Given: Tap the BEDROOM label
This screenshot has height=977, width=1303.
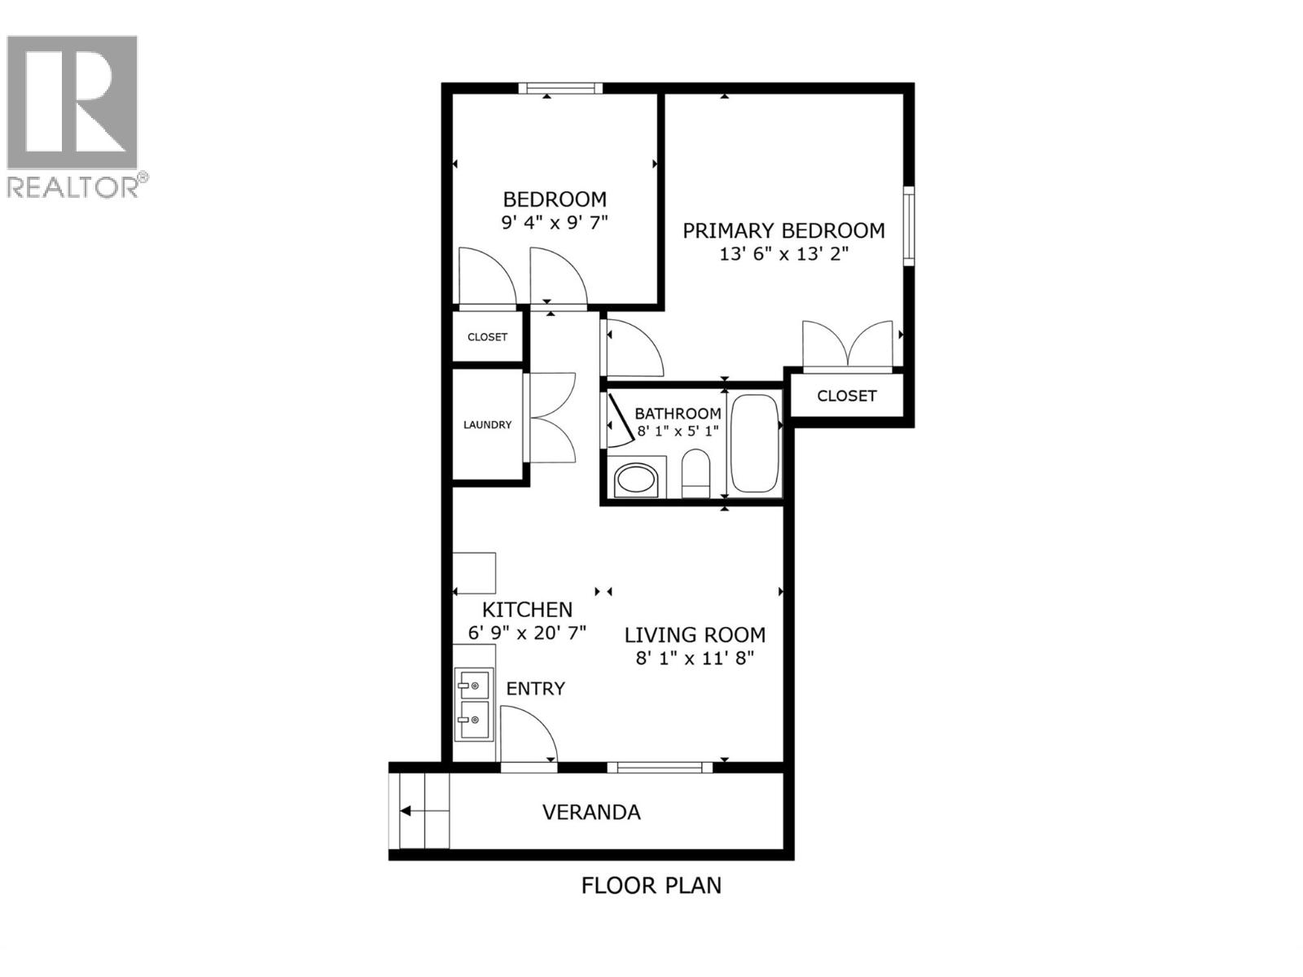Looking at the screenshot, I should [x=555, y=199].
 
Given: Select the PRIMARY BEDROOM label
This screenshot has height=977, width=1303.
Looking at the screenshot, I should [x=783, y=230].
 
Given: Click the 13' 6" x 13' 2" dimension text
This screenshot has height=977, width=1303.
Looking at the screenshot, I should [x=783, y=254].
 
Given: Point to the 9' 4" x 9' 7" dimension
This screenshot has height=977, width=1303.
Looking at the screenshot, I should [x=555, y=222].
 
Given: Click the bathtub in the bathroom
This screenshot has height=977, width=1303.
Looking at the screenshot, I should [x=755, y=444].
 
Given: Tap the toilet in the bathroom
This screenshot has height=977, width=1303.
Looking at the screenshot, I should [x=695, y=472].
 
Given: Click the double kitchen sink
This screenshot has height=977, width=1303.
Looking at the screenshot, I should [x=473, y=704].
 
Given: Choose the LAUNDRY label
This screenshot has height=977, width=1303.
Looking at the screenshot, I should [x=487, y=424].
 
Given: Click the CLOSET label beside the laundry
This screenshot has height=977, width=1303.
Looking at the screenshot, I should [x=487, y=337].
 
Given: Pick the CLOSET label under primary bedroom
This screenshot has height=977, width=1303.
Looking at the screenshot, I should [x=846, y=396].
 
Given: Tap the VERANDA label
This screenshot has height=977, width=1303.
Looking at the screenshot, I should [x=591, y=812].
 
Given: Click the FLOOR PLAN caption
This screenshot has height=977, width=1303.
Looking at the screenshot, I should [x=651, y=885].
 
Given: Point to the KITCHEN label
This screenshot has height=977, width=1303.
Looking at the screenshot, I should [x=527, y=609].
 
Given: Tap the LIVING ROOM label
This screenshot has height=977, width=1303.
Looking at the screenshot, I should [x=695, y=634].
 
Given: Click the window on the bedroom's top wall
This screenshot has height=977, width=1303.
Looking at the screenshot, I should [x=560, y=88].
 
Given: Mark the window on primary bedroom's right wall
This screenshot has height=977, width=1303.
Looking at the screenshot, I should [x=909, y=226].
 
